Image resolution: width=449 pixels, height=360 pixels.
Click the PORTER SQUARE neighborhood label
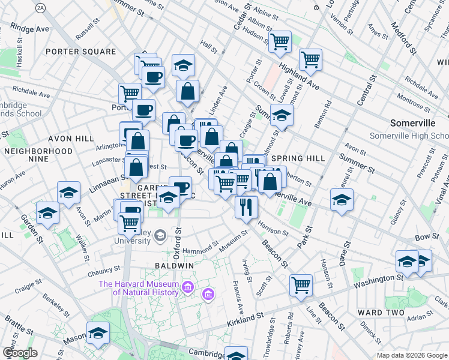[x=81, y=52]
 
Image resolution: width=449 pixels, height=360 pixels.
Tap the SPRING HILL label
[x=298, y=158]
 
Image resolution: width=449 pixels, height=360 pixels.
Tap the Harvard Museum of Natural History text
[x=139, y=288]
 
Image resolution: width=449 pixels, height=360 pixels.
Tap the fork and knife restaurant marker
[x=247, y=206]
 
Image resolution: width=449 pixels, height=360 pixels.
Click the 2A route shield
[x=40, y=7]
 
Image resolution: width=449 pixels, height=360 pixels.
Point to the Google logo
[x=20, y=353]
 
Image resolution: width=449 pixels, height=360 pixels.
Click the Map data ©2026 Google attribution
[x=411, y=355]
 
